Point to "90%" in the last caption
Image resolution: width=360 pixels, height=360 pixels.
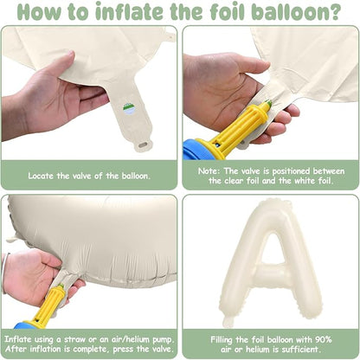(324, 339)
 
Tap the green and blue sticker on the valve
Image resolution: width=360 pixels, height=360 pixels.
(129, 110)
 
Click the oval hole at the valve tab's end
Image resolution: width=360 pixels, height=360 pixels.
(144, 144)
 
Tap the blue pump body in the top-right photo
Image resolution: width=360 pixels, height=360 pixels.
(194, 150)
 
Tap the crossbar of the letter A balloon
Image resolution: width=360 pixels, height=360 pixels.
(271, 273)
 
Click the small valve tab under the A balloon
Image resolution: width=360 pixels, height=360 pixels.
(228, 321)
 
